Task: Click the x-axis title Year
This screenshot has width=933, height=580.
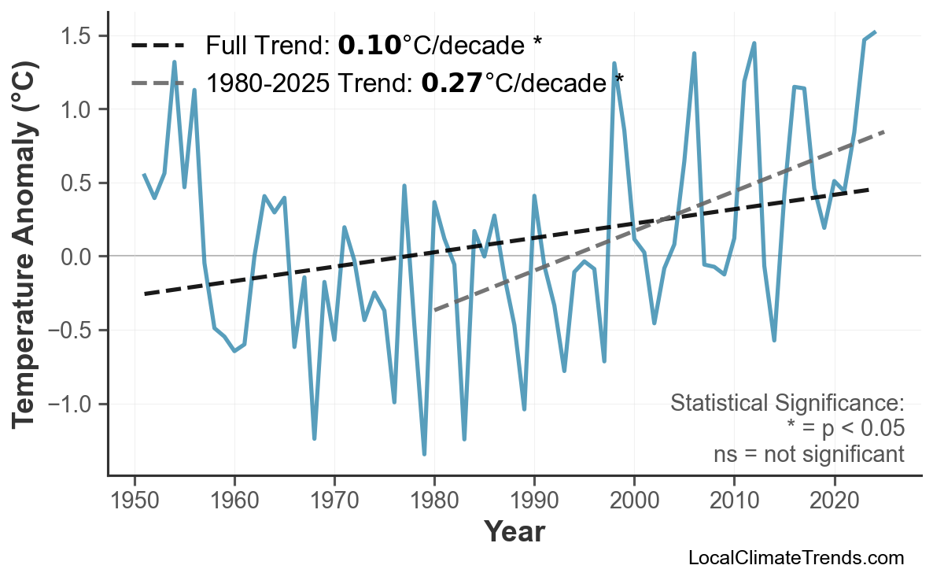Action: pos(514,532)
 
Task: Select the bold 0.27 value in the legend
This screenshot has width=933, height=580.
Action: pos(452,82)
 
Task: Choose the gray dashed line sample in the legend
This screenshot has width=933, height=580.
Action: pos(157,82)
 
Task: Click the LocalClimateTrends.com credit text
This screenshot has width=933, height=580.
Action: pos(795,558)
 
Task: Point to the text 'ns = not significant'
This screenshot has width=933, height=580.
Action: pos(809,454)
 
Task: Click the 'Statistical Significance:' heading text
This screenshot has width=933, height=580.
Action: pos(787,404)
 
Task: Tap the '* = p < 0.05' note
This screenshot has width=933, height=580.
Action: pos(845,429)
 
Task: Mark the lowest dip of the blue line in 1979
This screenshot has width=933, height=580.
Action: pos(424,454)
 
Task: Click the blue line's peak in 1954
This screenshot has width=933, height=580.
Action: pos(175,61)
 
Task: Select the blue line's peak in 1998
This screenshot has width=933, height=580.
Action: pos(614,63)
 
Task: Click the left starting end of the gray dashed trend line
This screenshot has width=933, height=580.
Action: pos(435,311)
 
